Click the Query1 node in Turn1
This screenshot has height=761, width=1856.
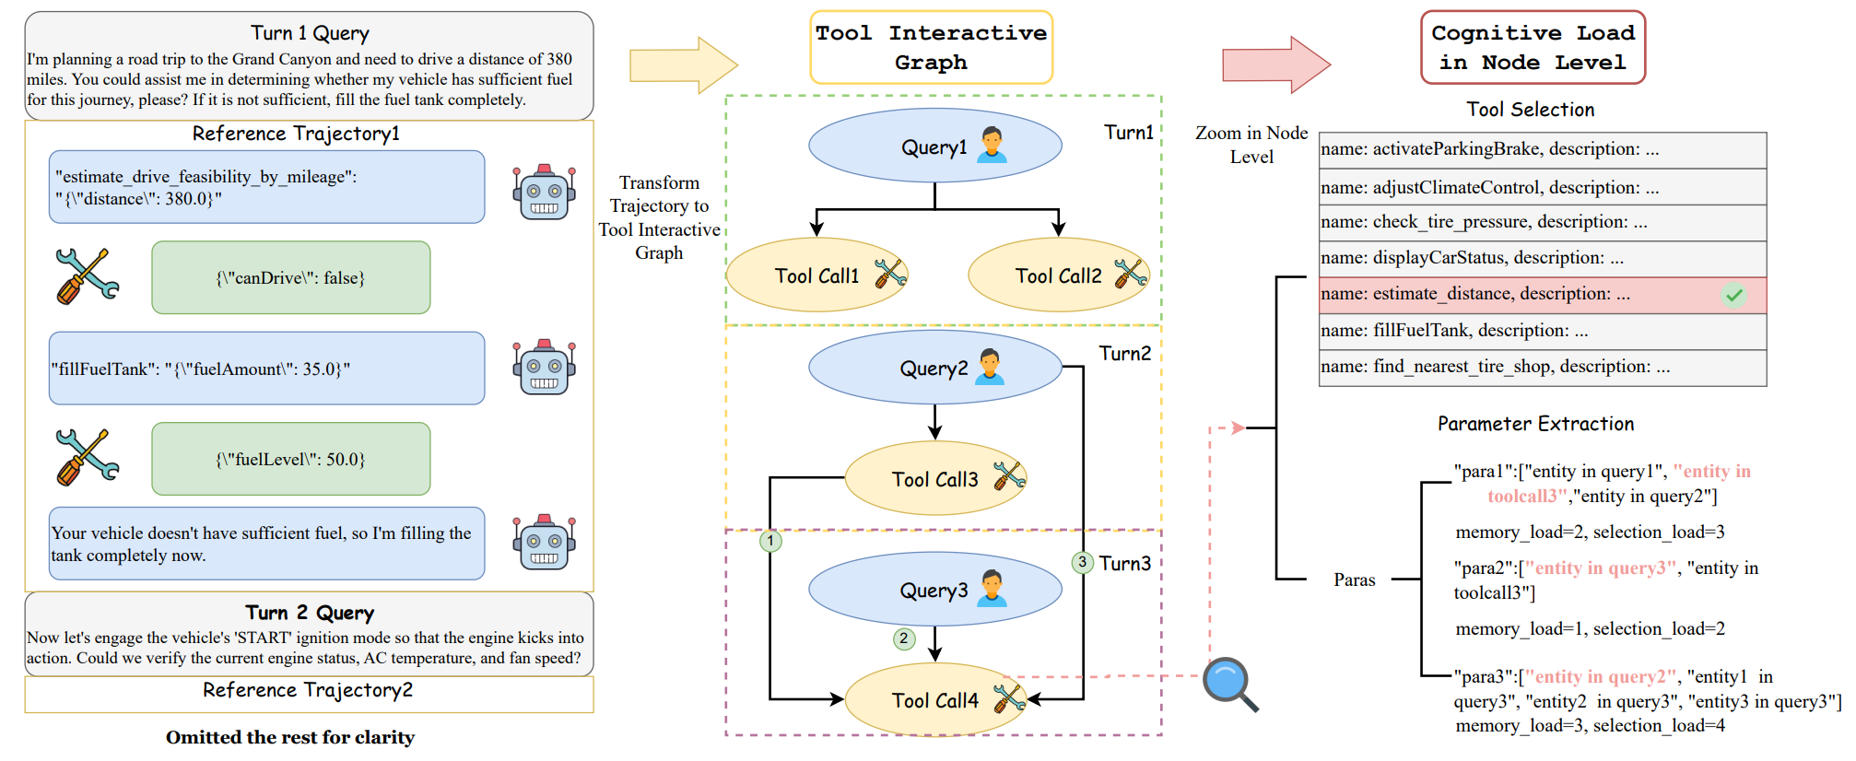(x=934, y=146)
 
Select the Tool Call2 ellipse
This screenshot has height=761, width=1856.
(x=1058, y=275)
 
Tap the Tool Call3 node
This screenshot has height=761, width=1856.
(x=934, y=478)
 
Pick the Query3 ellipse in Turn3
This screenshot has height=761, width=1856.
(x=934, y=590)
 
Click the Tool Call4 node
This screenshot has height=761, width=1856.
(x=934, y=700)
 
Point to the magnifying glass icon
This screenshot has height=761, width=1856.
(x=1229, y=684)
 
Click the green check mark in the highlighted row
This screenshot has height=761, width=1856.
(x=1733, y=295)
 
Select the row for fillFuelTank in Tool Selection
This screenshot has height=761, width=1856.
(x=1542, y=331)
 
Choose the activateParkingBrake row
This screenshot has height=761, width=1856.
(x=1542, y=149)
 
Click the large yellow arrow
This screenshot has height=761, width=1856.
(x=683, y=65)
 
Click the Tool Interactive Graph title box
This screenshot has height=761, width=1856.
(x=931, y=48)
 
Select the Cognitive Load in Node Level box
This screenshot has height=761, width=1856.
(x=1533, y=48)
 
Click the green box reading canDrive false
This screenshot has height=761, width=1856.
(x=290, y=277)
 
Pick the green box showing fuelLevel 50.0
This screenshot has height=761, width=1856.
(x=290, y=459)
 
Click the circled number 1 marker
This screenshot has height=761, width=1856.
(x=770, y=541)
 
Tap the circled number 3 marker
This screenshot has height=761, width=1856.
(x=1082, y=562)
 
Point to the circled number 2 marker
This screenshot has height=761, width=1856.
(x=904, y=638)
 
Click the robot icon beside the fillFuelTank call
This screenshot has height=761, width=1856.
(x=544, y=368)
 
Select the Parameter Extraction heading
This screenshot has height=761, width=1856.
(x=1535, y=424)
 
